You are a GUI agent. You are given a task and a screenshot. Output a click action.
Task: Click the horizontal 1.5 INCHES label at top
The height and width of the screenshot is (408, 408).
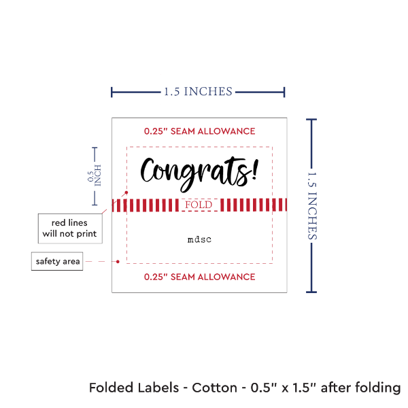point(198,91)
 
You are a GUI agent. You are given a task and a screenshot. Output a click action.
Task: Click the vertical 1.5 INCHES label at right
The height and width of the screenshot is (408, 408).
point(313,205)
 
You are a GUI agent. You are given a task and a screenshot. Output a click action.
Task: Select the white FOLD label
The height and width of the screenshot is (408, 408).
point(199,205)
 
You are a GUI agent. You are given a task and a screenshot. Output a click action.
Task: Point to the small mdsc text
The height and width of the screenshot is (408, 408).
point(199,239)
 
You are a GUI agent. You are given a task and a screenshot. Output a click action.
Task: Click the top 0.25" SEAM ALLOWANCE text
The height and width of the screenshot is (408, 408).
point(199,131)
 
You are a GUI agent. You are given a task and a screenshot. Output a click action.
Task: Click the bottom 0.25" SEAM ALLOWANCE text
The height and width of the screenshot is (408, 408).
point(199,277)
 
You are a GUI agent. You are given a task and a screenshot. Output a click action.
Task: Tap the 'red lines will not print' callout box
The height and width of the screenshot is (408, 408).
point(69,228)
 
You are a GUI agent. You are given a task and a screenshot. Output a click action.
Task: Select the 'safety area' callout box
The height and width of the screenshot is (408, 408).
point(58,261)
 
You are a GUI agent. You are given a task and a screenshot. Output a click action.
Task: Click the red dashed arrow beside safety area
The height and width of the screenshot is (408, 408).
point(105,261)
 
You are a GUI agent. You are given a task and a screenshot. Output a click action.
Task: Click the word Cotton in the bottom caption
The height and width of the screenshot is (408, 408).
point(214,388)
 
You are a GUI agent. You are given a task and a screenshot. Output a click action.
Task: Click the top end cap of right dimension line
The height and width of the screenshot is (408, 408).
point(312,120)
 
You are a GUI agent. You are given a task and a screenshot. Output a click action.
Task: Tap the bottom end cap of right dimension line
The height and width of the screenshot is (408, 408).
point(312,292)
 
